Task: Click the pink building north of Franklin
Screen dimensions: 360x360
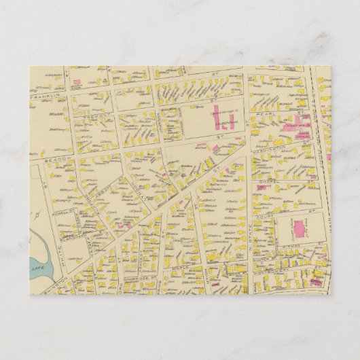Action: pyautogui.click(x=77, y=84)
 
